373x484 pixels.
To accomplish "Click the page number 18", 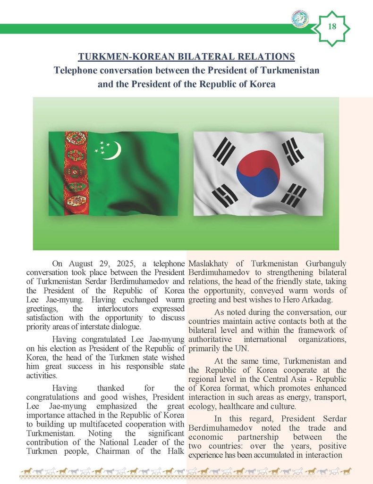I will tap(332, 26).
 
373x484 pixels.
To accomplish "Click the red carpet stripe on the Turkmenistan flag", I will tap(75, 172).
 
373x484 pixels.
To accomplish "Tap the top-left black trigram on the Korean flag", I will tap(225, 150).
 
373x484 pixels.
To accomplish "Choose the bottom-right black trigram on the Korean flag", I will tap(294, 195).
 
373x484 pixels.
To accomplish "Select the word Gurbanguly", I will tap(325, 263).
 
